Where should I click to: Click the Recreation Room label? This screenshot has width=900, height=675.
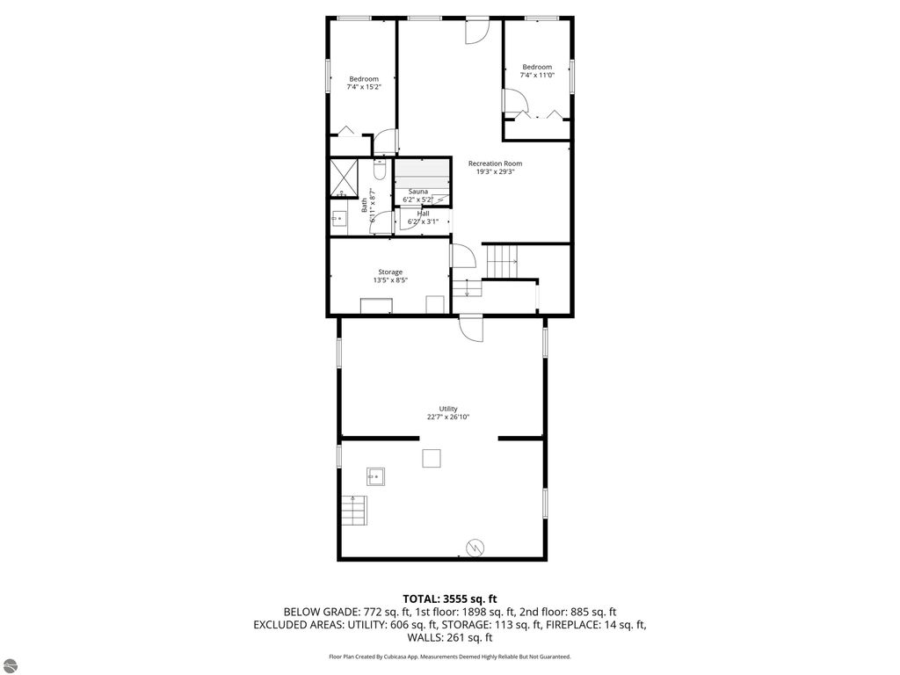[495, 163]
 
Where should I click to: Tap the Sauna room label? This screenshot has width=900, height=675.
[417, 191]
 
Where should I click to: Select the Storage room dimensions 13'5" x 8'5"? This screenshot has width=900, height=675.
[390, 280]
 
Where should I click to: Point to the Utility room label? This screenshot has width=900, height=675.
[448, 409]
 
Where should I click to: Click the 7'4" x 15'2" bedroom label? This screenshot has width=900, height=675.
[363, 87]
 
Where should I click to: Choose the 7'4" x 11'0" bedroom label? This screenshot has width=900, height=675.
[537, 75]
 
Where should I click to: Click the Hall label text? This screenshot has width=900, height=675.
[423, 214]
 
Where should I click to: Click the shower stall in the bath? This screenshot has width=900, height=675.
[344, 178]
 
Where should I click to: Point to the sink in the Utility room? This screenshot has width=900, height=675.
[376, 476]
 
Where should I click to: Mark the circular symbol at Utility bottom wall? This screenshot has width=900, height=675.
[475, 548]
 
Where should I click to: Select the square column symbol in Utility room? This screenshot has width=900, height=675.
[431, 458]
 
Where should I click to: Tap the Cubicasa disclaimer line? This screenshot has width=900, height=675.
[449, 657]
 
